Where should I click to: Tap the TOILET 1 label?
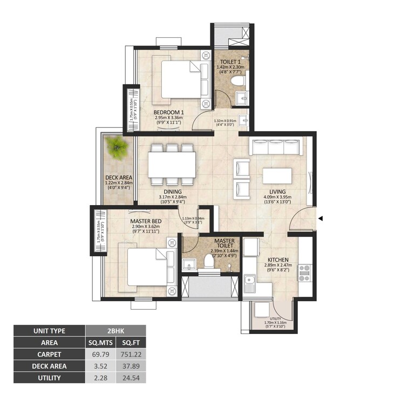pos(230,62)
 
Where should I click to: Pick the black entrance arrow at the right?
pos(321,219)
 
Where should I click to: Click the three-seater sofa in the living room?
pos(275,147)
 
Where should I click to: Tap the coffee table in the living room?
pos(277,176)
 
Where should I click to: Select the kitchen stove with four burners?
pos(304,274)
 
